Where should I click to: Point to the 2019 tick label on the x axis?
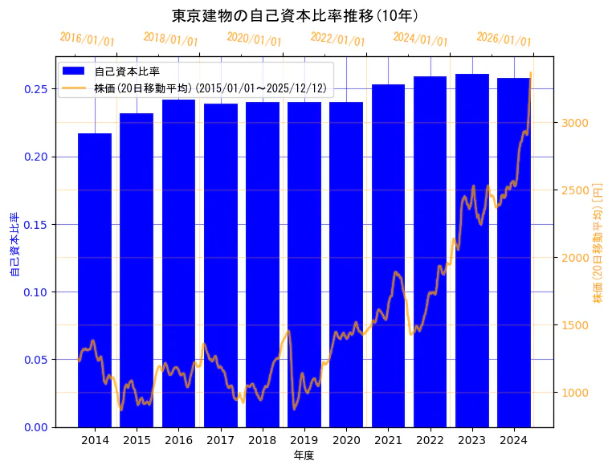[304, 440]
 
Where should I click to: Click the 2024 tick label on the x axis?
[513, 440]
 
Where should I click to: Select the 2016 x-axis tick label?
[178, 440]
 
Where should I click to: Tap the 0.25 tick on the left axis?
[35, 89]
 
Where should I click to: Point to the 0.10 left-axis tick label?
[35, 292]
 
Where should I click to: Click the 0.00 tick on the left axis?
[35, 427]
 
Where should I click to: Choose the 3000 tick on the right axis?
[576, 123]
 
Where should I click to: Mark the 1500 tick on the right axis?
[576, 325]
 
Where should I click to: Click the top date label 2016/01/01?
[87, 39]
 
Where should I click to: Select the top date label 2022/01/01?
[337, 39]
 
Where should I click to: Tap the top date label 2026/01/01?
[504, 39]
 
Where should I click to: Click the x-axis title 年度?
[304, 455]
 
